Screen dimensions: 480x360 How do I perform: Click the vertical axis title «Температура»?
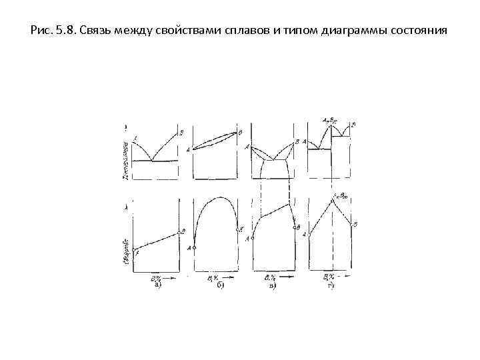[125, 158]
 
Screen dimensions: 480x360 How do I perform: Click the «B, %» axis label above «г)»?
[329, 276]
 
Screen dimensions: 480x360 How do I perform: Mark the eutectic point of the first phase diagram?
[153, 161]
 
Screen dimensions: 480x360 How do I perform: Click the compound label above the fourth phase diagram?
[331, 121]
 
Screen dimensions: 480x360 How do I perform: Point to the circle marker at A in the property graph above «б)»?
[194, 247]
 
